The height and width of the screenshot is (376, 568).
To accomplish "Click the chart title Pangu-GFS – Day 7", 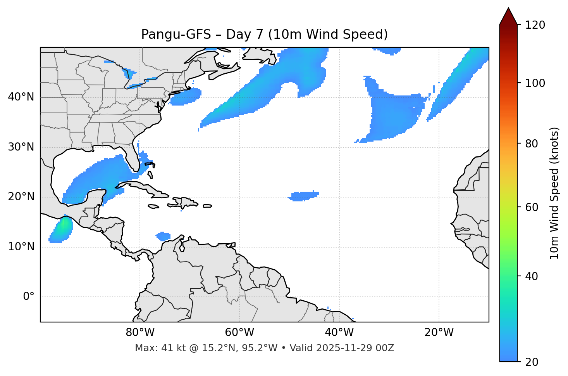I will pos(264,35).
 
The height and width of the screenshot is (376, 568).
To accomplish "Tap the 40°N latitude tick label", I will pos(21,97).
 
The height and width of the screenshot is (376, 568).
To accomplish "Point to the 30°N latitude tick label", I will pos(21,147).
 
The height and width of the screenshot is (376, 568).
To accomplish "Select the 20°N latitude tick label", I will pos(21,197).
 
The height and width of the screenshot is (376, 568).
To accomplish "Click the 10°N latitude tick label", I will pos(21,247).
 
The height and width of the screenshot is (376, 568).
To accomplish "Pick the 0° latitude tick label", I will pos(29,297).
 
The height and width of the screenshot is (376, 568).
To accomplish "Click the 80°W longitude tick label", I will pos(140,333).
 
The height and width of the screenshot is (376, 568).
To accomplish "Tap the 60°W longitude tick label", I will pos(239,333).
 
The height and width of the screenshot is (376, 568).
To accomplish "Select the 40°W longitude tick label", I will pos(339,333).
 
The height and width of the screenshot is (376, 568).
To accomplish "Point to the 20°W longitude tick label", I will pos(439,333).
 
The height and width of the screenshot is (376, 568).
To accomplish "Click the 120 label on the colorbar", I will pos(535,25).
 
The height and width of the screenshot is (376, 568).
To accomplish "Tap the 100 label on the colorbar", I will pos(535,83).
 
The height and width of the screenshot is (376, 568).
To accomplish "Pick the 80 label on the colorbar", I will pos(532,144).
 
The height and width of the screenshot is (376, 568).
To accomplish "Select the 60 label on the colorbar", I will pos(532,207).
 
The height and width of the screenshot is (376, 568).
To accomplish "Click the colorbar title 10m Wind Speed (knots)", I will pos(554,193).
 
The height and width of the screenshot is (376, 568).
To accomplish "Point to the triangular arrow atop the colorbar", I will pos(508,16).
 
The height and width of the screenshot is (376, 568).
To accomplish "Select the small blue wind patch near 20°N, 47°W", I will pos(304,196).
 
